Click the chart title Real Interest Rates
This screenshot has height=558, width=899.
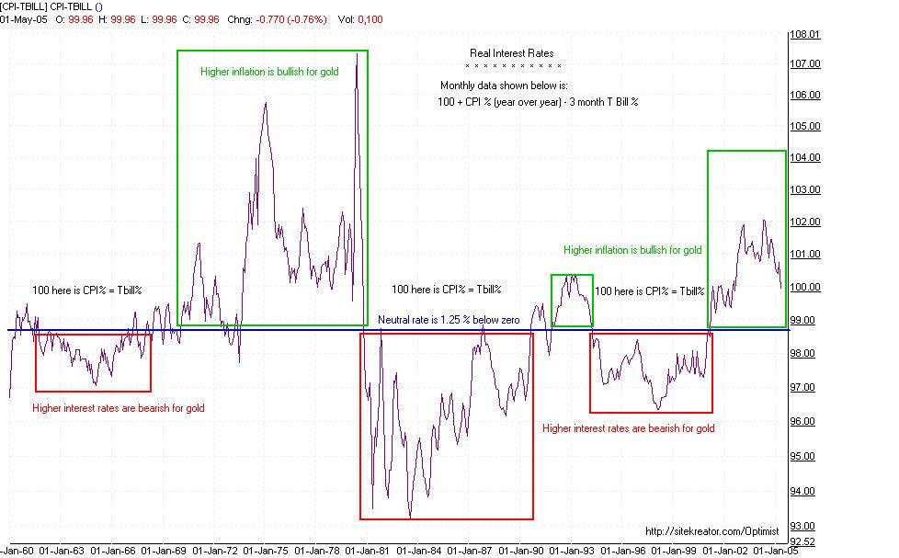pos(512,53)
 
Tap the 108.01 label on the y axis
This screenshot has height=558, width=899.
pos(804,35)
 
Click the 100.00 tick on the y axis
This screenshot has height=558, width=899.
pos(804,287)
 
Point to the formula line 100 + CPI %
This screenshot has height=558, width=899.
pos(538,102)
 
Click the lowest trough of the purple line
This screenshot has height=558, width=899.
pos(410,517)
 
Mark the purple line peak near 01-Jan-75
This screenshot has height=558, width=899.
pos(266,103)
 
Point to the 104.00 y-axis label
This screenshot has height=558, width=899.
pos(804,158)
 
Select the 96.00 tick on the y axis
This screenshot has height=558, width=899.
pos(804,421)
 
